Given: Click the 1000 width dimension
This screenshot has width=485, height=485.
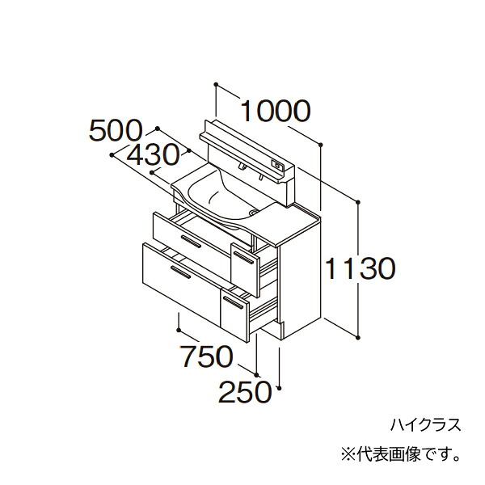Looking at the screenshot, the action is point(275,111).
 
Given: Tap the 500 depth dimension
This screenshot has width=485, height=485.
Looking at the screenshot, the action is point(116,131).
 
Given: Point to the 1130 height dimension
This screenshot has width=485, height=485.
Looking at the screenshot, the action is point(361,268).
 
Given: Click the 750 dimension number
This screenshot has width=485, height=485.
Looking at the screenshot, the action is point(206,356).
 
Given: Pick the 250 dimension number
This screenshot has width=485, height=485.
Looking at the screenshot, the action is point(245,392).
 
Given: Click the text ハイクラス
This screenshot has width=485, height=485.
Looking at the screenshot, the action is point(426,424).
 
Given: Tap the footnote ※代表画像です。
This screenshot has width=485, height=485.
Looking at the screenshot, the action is point(400,454).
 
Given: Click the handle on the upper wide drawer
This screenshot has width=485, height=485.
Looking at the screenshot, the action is point(191,242).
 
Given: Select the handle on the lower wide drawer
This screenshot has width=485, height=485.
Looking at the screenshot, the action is point(180,272).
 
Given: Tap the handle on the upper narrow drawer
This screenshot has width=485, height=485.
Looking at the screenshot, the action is point(244,259).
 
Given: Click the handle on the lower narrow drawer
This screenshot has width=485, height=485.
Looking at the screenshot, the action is point(234,302).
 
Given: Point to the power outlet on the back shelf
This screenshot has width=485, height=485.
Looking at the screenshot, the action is point(276,165).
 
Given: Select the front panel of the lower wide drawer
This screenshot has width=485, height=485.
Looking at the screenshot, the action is point(182,284).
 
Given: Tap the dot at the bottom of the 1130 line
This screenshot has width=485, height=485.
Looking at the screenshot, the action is point(358,336).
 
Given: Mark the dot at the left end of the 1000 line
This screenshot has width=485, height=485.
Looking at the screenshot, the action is point(216,84).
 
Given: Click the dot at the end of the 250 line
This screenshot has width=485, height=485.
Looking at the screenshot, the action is point(280,387).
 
